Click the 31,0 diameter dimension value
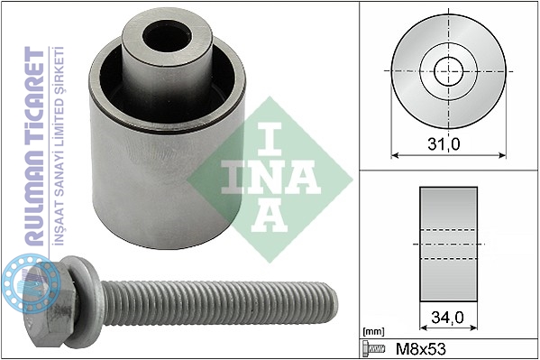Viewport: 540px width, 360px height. [444, 144]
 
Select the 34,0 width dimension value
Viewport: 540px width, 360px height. [448, 318]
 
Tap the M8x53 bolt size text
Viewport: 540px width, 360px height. [420, 349]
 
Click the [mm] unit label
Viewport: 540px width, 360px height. [373, 332]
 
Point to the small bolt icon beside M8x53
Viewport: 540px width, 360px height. [373, 348]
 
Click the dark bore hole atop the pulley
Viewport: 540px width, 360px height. [168, 37]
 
